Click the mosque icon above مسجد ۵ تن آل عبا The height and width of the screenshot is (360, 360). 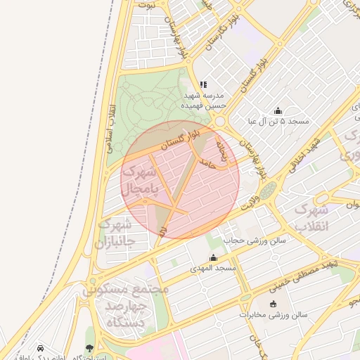point(278,110)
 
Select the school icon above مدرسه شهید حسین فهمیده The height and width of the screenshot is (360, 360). point(203,84)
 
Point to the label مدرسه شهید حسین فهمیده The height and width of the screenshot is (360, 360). point(202,100)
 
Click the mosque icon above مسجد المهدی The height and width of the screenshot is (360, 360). point(214,257)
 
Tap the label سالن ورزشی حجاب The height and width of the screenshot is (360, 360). point(255,240)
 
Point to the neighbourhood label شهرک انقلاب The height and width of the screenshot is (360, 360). point(311,218)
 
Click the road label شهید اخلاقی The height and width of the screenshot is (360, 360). point(307,151)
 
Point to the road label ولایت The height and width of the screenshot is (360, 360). point(251,205)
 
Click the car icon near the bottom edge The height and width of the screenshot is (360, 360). point(40,349)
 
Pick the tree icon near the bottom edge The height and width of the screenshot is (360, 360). point(89,349)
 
